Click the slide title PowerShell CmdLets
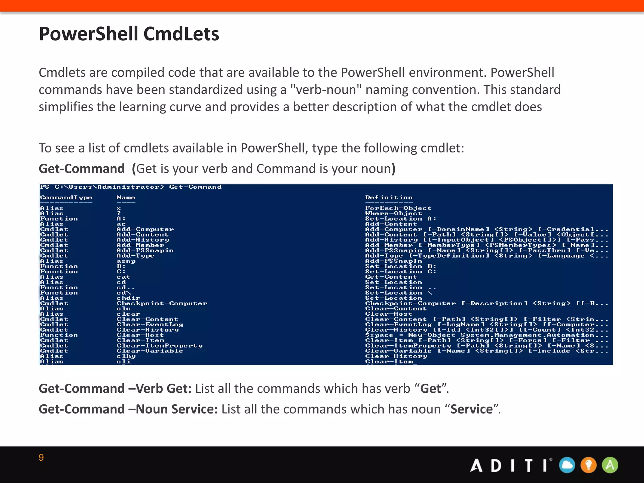pyautogui.click(x=129, y=34)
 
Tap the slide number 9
pyautogui.click(x=41, y=458)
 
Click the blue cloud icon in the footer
pyautogui.click(x=567, y=465)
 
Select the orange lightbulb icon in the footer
pyautogui.click(x=588, y=465)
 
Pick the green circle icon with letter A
pyautogui.click(x=610, y=465)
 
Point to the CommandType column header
pyautogui.click(x=66, y=197)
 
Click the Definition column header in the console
pyautogui.click(x=389, y=197)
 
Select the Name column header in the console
pyautogui.click(x=126, y=197)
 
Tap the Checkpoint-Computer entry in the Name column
pyautogui.click(x=162, y=303)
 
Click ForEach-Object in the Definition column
pyautogui.click(x=398, y=208)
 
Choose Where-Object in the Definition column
pyautogui.click(x=393, y=214)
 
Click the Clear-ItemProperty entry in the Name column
pyautogui.click(x=159, y=346)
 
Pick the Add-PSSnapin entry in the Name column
pyautogui.click(x=145, y=251)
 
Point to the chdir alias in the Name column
pyautogui.click(x=128, y=298)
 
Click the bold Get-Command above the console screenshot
pyautogui.click(x=82, y=169)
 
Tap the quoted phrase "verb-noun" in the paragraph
pyautogui.click(x=325, y=90)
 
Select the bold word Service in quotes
pyautogui.click(x=471, y=409)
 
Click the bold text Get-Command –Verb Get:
pyautogui.click(x=115, y=389)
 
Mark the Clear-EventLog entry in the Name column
pyautogui.click(x=150, y=325)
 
